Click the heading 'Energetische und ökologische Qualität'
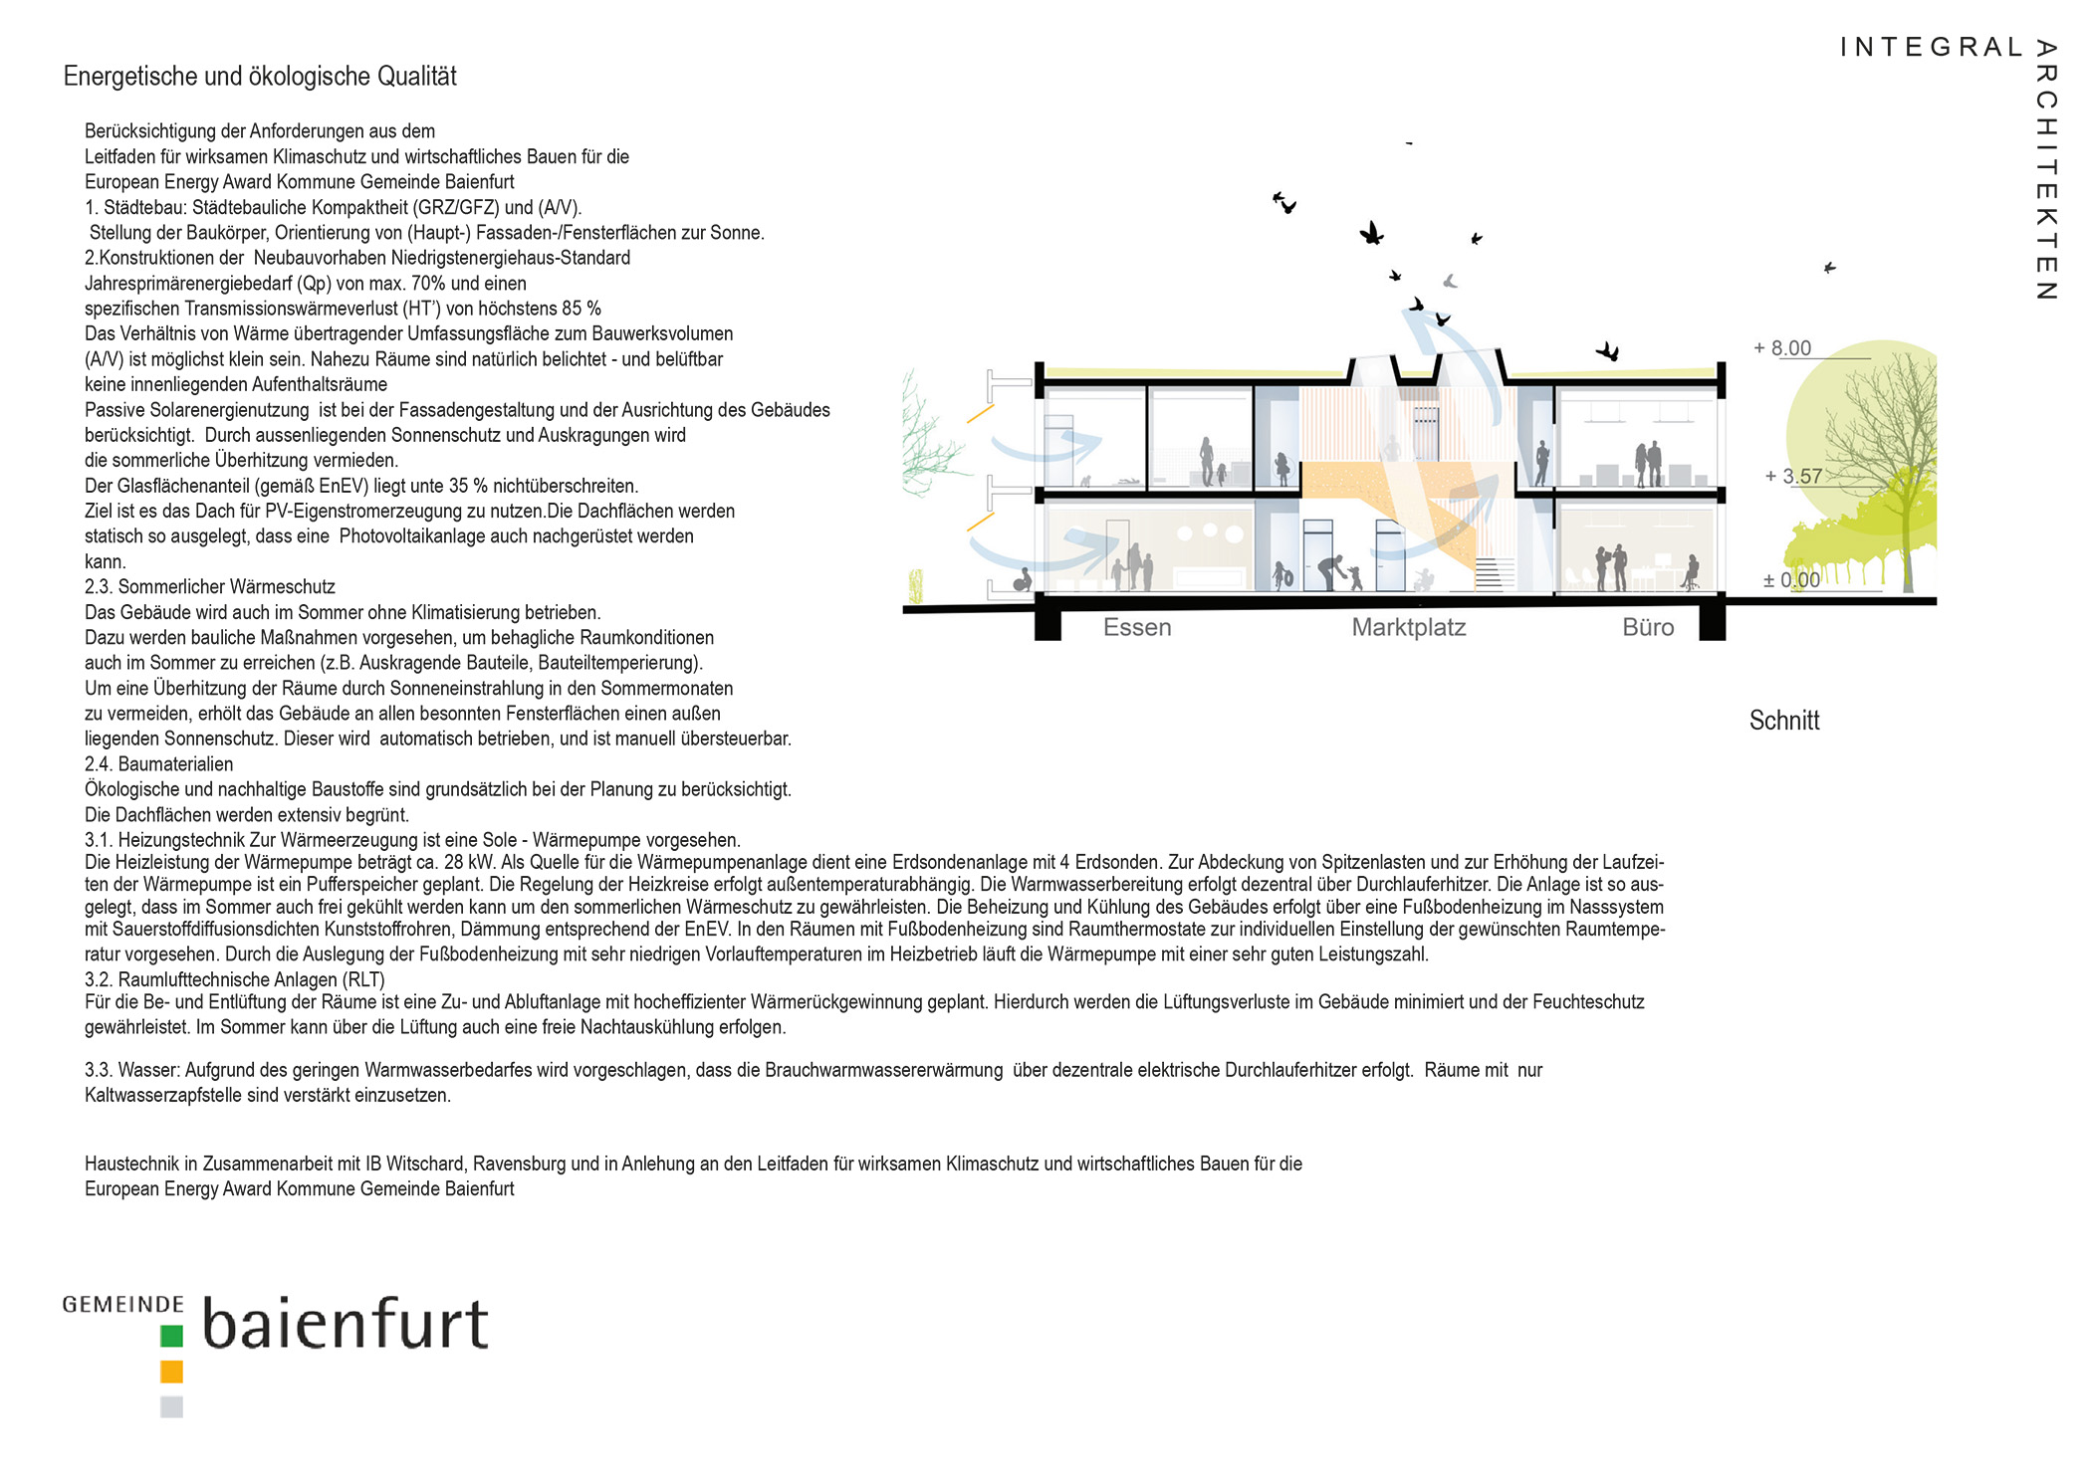[x=260, y=77]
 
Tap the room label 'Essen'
[x=1137, y=627]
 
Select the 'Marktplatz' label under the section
[x=1408, y=627]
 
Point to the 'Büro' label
[x=1648, y=627]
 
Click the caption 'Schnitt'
[x=1783, y=721]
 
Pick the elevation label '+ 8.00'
[x=1782, y=348]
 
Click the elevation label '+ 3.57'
[x=1793, y=476]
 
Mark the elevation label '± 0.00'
[x=1791, y=580]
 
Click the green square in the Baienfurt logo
[x=171, y=1336]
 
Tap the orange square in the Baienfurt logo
[x=171, y=1372]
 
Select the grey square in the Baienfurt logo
[x=171, y=1406]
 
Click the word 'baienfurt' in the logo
[x=346, y=1324]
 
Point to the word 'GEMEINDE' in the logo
[x=122, y=1304]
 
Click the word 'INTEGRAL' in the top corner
[x=1931, y=48]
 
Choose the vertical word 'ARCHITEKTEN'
[x=2046, y=169]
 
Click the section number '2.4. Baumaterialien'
[x=159, y=764]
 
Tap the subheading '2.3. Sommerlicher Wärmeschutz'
[x=210, y=587]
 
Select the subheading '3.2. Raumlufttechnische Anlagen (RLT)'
[x=235, y=979]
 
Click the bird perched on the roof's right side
[x=1608, y=351]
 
